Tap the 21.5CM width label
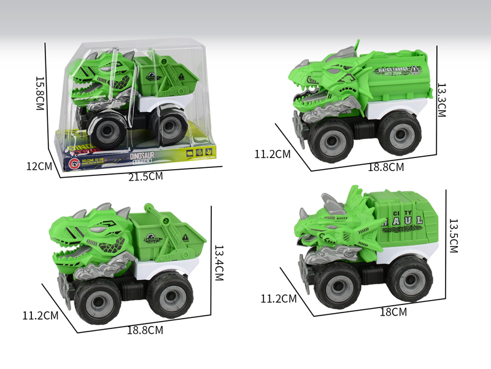click(x=145, y=177)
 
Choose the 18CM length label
click(x=393, y=312)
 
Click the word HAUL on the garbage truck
click(x=401, y=218)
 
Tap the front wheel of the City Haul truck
click(x=338, y=282)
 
